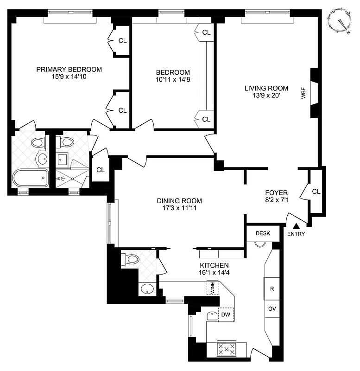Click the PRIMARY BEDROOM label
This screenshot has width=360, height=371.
pyautogui.click(x=69, y=70)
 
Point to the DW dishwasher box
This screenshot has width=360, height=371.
pyautogui.click(x=226, y=314)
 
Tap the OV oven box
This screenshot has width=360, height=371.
pyautogui.click(x=272, y=308)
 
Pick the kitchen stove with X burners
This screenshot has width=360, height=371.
pyautogui.click(x=227, y=349)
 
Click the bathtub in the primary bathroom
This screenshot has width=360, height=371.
pyautogui.click(x=30, y=178)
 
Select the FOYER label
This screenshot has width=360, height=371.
pyautogui.click(x=277, y=192)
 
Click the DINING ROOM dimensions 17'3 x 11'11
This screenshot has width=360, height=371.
pyautogui.click(x=179, y=208)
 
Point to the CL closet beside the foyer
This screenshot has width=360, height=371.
pyautogui.click(x=316, y=191)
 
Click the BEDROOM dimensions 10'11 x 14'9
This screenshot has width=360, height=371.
pyautogui.click(x=173, y=80)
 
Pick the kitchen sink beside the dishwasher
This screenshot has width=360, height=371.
pyautogui.click(x=211, y=316)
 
